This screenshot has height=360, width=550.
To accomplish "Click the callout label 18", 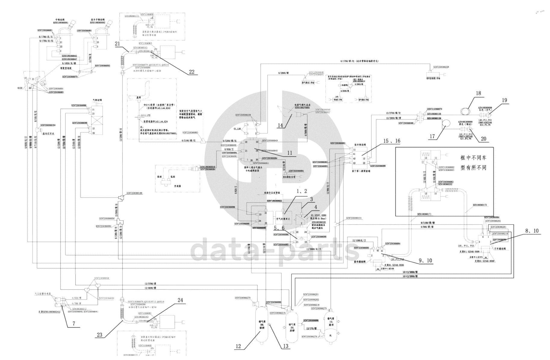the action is pos(478,93).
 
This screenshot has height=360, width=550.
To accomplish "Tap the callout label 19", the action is pos(504,100).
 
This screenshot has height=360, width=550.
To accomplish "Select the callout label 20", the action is pos(483,139).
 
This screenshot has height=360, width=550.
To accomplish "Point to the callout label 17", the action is pos(432,136).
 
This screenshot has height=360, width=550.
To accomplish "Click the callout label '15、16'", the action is pos(391,141).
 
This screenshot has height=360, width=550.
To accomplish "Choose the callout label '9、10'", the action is pos(425,261).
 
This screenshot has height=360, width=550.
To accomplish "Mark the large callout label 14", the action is pos(280,125).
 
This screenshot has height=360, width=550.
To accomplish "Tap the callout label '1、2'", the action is pos(302,191).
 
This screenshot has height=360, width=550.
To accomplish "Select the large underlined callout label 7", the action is pos(74,324).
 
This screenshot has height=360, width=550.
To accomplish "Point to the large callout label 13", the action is pos(285,346).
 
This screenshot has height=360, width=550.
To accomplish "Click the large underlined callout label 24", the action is pos(180,300).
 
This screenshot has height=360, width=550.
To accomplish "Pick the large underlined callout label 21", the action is pos(117,44).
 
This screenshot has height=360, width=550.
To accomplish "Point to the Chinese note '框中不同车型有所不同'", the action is pos(473,163).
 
